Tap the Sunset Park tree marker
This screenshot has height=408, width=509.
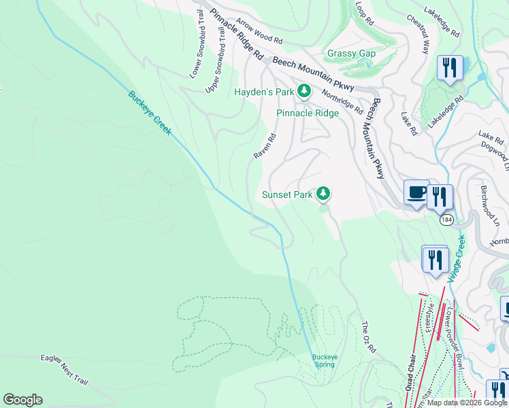tap(323, 194)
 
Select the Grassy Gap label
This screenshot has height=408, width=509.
tap(352, 53)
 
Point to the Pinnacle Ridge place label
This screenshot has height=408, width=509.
tap(307, 113)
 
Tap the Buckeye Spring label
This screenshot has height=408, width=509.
tap(325, 360)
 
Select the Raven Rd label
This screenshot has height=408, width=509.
tap(265, 146)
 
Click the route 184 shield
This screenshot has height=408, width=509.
tap(446, 220)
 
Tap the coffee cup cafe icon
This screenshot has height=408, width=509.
tap(416, 192)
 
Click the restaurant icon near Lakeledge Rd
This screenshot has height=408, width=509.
tap(450, 67)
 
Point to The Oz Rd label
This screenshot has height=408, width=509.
tap(369, 337)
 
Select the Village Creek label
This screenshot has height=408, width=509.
tap(457, 259)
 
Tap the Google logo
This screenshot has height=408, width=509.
tap(22, 400)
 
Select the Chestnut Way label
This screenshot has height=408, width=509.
tap(418, 33)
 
